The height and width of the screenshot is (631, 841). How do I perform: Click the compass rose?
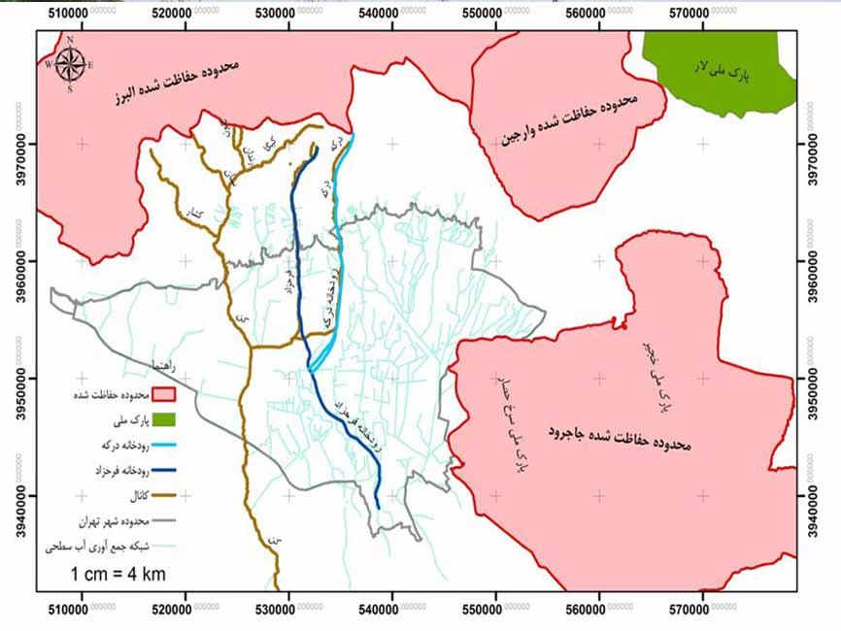pos(70,64)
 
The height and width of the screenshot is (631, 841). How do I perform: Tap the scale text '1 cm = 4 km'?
pos(118,574)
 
